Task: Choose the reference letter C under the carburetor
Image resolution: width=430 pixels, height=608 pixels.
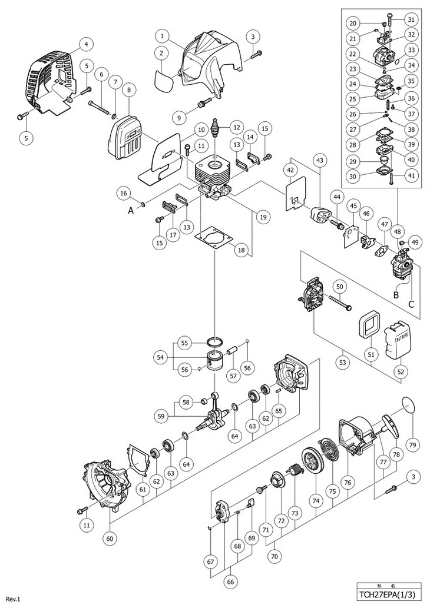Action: [x=411, y=305]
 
